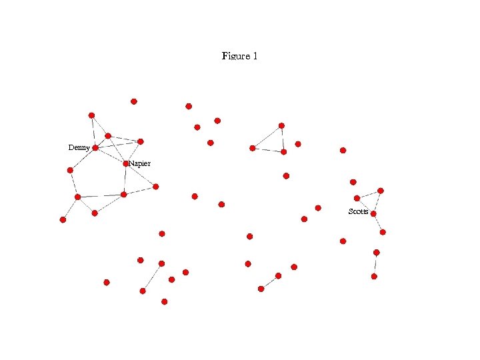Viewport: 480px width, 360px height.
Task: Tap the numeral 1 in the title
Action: (x=254, y=56)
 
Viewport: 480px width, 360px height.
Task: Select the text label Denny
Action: (x=79, y=147)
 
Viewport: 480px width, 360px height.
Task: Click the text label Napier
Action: (x=140, y=163)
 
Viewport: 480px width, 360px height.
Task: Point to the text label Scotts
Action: (x=358, y=211)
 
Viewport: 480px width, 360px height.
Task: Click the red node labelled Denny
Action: (x=95, y=148)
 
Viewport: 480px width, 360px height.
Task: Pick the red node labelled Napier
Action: (x=126, y=163)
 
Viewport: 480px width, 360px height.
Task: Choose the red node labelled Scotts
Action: (x=373, y=214)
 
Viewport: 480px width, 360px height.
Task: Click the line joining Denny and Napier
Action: (x=111, y=155)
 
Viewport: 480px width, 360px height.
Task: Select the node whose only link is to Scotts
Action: (x=383, y=232)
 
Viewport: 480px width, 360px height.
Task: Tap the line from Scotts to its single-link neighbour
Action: (x=378, y=223)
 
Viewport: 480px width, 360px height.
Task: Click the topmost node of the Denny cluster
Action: (x=91, y=115)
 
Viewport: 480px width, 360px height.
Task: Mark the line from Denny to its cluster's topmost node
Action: (x=93, y=132)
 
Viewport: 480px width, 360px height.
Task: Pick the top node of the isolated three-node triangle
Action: (x=281, y=125)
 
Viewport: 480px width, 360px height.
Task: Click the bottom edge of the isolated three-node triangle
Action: (x=267, y=150)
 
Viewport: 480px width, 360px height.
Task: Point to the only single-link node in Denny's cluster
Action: (x=63, y=219)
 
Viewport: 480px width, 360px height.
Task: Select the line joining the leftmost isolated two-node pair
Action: (x=152, y=277)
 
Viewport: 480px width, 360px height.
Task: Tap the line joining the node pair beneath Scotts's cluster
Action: (x=375, y=264)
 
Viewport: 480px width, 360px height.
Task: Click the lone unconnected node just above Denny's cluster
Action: (x=134, y=101)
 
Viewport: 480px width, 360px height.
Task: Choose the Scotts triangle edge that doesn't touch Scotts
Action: (x=369, y=194)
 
